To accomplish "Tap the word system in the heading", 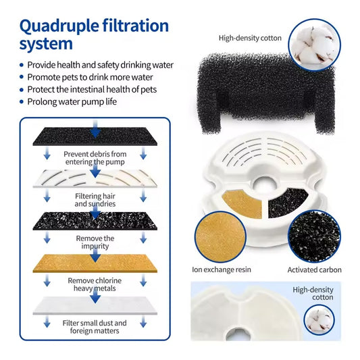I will click(x=46, y=45).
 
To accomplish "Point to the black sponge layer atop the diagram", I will click(x=94, y=137).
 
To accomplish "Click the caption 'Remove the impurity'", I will click(x=95, y=242).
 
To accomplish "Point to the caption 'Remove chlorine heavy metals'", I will click(x=95, y=284).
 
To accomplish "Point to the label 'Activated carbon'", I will click(x=315, y=270).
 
